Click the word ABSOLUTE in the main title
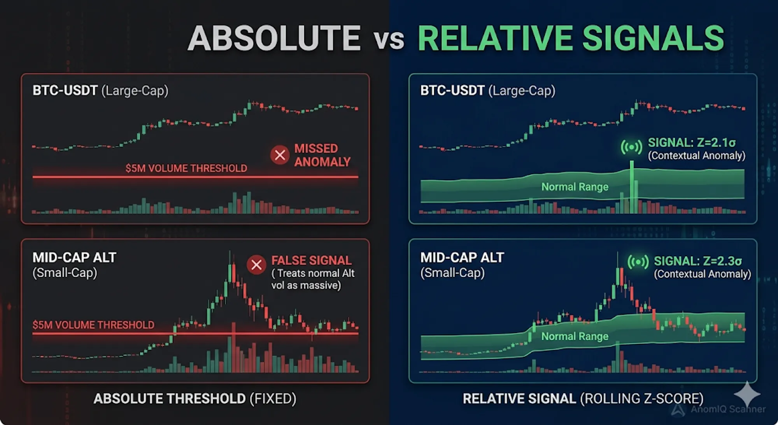pos(274,38)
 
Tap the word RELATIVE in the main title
pos(494,38)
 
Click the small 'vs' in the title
pos(389,40)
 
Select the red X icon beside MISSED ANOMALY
pos(280,155)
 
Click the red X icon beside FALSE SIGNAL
pos(256,265)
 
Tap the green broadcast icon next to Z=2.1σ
pos(631,147)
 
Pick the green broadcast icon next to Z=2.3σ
pos(638,262)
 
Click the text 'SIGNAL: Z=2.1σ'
pos(692,143)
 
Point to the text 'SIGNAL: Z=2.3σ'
pos(697,261)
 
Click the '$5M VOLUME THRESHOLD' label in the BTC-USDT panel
pos(186,169)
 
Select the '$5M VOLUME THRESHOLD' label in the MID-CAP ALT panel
pos(93,325)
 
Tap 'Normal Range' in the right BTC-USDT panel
pos(575,187)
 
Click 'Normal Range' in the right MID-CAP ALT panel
pos(575,336)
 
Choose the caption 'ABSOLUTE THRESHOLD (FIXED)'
pos(194,399)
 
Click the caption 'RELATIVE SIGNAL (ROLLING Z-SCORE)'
pos(583,399)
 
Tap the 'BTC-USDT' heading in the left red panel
pos(65,91)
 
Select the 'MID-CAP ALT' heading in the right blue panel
pos(462,258)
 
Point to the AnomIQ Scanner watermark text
pos(727,409)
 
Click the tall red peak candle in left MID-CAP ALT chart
pos(233,272)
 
